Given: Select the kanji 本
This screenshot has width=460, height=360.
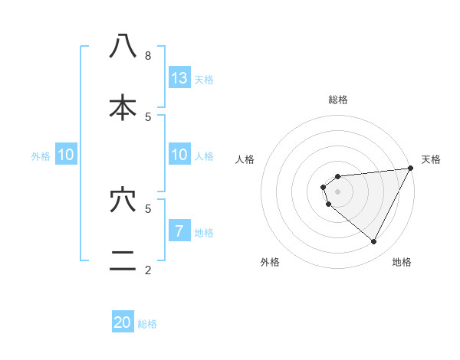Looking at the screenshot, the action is click(123, 107).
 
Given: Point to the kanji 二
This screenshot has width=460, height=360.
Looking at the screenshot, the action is click(123, 261).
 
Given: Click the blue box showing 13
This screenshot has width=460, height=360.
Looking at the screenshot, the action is click(179, 78).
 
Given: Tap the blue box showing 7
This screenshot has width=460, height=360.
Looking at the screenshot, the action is click(179, 231).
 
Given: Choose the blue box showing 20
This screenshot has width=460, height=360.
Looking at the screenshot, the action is click(123, 322).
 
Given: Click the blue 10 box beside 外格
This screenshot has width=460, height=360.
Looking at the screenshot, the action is click(66, 155).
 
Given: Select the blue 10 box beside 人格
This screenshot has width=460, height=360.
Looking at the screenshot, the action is click(179, 155).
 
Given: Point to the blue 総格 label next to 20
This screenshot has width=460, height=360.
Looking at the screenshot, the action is click(147, 324).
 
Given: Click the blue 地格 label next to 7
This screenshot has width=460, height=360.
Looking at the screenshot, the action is click(204, 233).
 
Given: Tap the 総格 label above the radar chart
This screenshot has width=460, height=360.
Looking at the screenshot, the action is click(338, 100).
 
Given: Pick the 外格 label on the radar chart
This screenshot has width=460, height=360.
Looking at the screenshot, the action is click(270, 262).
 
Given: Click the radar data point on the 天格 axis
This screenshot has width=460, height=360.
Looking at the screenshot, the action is click(410, 169).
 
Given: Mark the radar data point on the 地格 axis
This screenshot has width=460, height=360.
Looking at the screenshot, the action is click(374, 242).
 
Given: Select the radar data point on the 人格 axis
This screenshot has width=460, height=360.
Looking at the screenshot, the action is click(323, 187).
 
